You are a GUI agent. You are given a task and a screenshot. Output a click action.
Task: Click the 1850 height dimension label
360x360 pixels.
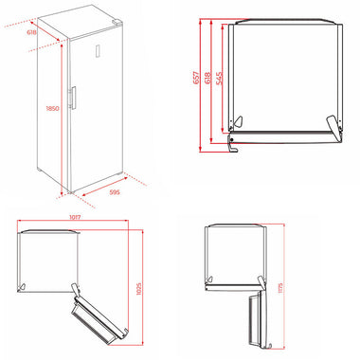(x=52, y=108)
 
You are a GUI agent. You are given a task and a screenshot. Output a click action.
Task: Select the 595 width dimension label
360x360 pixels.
(x=115, y=192)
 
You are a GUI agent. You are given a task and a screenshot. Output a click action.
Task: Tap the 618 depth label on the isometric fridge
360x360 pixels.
(x=32, y=32)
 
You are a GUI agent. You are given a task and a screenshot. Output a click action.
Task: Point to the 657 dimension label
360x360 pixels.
(x=196, y=78)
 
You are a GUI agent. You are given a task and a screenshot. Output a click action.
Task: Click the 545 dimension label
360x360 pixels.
(x=219, y=79)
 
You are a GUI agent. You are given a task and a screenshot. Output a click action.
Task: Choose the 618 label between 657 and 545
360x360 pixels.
(x=207, y=78)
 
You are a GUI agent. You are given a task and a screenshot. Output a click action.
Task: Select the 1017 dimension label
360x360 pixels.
(x=75, y=217)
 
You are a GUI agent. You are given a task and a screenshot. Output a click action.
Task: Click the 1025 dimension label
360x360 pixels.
(x=138, y=288)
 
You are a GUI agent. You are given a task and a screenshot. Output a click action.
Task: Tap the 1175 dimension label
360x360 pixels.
(x=280, y=288)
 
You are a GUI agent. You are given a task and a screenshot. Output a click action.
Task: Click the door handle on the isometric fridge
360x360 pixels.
(x=73, y=98)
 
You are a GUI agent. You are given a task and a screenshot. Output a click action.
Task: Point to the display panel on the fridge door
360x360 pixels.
(x=98, y=51)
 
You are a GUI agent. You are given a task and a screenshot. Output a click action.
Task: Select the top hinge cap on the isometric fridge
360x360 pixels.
(x=117, y=22)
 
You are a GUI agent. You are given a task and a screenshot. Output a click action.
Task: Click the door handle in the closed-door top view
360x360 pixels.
(x=232, y=146)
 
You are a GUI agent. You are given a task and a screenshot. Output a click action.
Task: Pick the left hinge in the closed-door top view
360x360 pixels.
(x=237, y=122)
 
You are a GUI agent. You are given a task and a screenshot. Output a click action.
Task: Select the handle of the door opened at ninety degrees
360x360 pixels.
(x=268, y=346)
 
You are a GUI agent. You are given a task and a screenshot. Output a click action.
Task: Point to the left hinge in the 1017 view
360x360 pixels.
(x=23, y=286)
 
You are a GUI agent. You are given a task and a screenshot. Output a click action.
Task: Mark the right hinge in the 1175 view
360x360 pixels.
(x=261, y=281)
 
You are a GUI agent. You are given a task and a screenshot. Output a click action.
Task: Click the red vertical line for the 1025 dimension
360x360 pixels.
(x=143, y=288)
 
